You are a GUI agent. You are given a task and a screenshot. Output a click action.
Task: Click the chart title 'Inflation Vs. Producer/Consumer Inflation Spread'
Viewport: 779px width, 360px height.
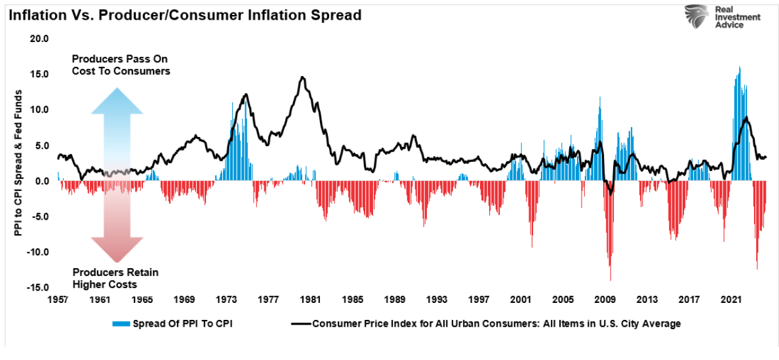click(184, 15)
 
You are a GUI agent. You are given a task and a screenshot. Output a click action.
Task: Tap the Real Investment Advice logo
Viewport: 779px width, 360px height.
click(722, 18)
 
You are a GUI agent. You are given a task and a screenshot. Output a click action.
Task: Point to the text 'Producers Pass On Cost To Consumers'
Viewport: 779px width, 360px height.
click(121, 65)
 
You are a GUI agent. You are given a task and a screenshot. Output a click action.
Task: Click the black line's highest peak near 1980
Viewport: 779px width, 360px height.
click(302, 77)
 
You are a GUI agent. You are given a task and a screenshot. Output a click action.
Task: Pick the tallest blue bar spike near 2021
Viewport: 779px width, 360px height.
click(740, 67)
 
